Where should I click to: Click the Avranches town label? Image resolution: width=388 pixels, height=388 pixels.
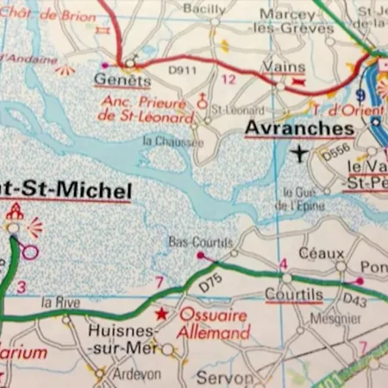pos(299,128)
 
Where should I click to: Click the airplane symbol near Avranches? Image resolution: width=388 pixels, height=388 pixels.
pos(299,153)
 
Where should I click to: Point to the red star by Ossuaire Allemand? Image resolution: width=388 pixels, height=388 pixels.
pos(161,314)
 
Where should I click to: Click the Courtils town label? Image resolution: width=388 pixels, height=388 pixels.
pos(294,294)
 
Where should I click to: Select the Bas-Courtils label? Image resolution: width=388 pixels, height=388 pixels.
pos(190,241)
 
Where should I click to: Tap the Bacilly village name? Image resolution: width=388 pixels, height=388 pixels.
pos(204,9)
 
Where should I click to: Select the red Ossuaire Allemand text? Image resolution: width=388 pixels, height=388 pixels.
pos(213,323)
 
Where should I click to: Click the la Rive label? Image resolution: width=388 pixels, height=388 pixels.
pos(61,302)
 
